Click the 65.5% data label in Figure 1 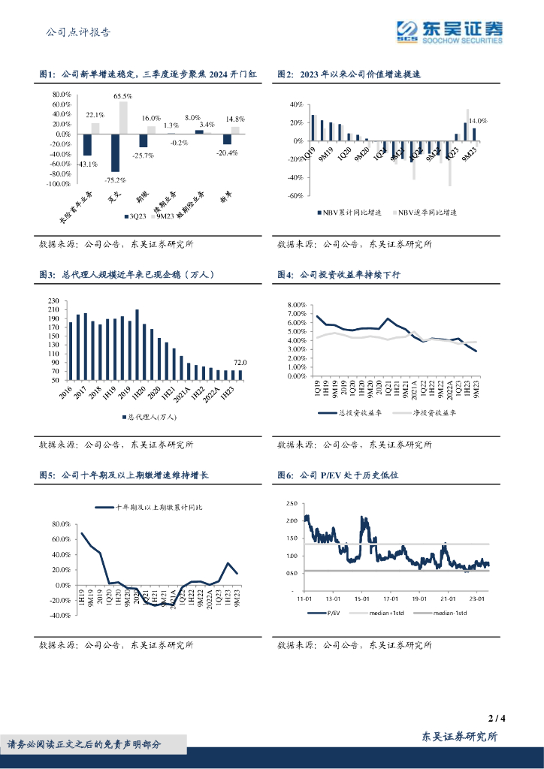[x=123, y=96]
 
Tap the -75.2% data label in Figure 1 [x=114, y=179]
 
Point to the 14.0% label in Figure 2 [x=478, y=120]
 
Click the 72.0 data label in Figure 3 [x=239, y=363]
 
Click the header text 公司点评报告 [x=78, y=32]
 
